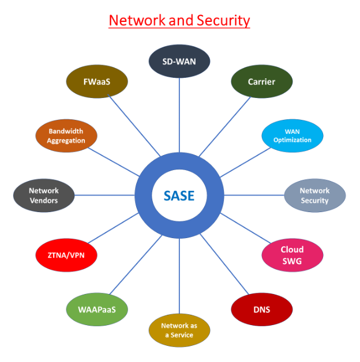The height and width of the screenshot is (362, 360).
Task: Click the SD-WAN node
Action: click(x=179, y=61)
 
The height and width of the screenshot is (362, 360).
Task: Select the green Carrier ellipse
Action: click(x=261, y=82)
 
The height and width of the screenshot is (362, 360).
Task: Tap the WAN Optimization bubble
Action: click(x=292, y=136)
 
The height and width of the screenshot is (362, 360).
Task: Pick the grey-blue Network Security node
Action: click(x=314, y=195)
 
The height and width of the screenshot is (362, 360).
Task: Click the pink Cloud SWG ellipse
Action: click(x=291, y=255)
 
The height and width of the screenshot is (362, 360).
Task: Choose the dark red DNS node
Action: click(x=261, y=310)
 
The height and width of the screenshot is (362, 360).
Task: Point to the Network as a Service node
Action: click(x=179, y=330)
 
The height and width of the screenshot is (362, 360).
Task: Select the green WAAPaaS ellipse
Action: click(x=97, y=310)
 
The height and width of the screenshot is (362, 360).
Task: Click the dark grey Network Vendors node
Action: click(x=44, y=195)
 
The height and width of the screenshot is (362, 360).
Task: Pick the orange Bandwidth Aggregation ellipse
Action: click(x=66, y=136)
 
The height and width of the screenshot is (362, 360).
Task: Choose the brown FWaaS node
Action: click(x=97, y=82)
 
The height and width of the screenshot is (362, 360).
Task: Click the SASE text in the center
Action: click(x=179, y=195)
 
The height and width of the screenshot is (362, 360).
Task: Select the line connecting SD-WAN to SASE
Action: click(x=179, y=115)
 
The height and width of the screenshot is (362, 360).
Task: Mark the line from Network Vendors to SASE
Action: click(x=104, y=195)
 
